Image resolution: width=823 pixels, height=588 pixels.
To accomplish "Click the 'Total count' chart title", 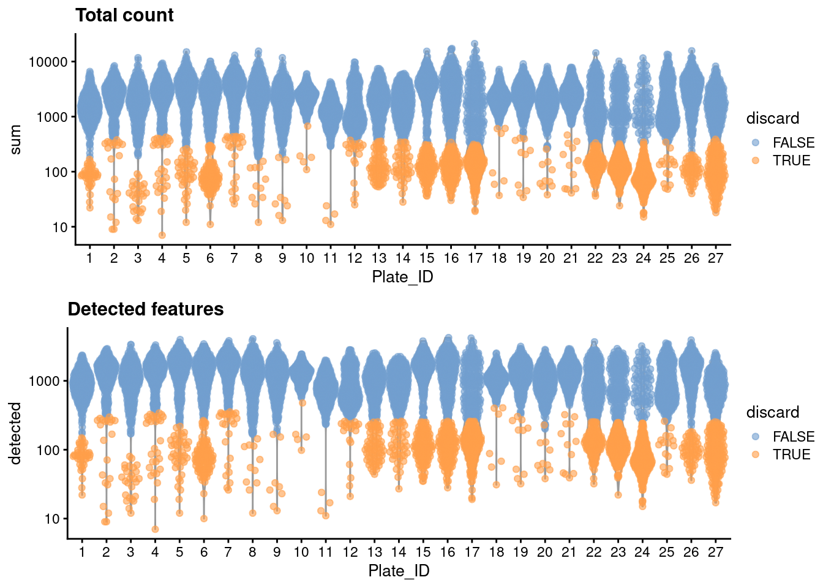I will [124, 15].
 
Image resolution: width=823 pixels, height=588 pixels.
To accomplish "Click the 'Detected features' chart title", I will [146, 309].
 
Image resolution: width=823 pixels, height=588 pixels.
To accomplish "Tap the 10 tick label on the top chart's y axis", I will [60, 227].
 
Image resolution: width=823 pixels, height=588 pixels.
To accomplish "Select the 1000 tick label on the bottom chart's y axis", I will [44, 381].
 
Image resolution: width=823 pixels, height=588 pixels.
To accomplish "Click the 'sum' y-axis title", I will [15, 139].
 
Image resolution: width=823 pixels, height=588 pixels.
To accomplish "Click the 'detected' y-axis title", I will [15, 433].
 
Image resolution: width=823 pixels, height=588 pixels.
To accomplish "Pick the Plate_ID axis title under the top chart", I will [402, 277].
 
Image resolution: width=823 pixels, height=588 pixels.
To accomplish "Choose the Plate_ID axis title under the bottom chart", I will [399, 571].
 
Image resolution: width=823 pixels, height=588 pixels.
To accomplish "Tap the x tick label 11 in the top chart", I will [331, 258].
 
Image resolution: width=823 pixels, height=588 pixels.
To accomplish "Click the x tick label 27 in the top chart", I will [715, 258].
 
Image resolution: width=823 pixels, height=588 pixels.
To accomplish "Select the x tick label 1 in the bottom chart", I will [82, 552].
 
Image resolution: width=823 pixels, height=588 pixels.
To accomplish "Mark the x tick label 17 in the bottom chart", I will [472, 552].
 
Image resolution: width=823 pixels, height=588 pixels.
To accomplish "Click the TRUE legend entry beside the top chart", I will [791, 160].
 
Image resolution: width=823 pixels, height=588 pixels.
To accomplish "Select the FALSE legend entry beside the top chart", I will [794, 143].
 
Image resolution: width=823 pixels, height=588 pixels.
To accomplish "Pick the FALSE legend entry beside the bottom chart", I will [794, 437].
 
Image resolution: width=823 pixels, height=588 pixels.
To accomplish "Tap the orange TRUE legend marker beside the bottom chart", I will [756, 454].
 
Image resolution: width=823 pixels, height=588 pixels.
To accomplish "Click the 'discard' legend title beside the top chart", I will [773, 118].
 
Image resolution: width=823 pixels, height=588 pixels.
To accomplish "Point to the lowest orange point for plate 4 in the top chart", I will [162, 235].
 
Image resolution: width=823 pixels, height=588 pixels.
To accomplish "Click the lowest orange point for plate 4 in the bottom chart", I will [156, 529].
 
